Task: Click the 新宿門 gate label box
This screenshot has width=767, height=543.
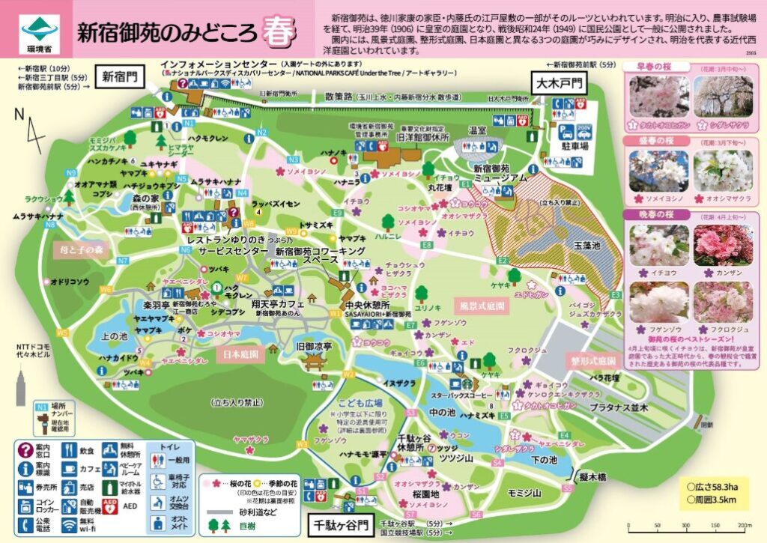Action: pos(120,76)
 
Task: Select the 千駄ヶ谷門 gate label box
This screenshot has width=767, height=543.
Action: pos(341,526)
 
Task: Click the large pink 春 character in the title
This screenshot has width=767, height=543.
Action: pos(276,32)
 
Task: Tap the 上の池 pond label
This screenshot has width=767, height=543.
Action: pos(113,336)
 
